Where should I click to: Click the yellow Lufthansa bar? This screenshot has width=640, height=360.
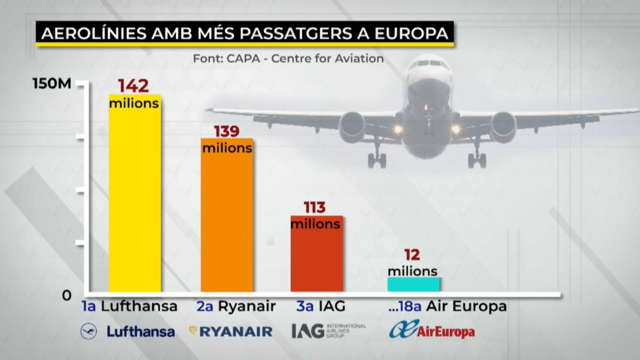135,200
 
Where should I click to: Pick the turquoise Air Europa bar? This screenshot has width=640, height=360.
413,284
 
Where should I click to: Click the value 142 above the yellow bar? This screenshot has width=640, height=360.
133,86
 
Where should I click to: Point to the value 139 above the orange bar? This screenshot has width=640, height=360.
226,131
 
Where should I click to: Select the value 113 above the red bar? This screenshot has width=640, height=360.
315,208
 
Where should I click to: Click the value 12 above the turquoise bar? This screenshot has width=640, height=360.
412,255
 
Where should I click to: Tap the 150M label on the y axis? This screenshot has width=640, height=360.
52,84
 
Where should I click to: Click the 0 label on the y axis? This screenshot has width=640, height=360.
66,296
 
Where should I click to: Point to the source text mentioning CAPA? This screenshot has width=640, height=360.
288,58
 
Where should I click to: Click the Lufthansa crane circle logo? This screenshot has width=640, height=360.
88,331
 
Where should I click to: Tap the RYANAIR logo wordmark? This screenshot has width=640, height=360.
236,331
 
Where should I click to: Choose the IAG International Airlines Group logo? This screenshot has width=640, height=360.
328,331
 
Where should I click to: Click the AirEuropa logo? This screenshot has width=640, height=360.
432,330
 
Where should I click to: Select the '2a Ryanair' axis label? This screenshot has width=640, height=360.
236,306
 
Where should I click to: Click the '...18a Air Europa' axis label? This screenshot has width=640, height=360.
447,306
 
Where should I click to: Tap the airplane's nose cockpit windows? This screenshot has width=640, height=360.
429,63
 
